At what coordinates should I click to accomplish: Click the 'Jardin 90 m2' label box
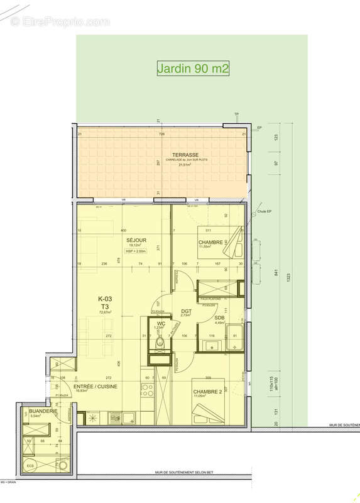(x=193, y=68)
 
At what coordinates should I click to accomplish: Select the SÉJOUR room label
(x=136, y=240)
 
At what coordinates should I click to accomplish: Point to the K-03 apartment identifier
(x=105, y=299)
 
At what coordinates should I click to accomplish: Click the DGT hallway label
(x=186, y=311)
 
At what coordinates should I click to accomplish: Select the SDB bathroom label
(x=219, y=318)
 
